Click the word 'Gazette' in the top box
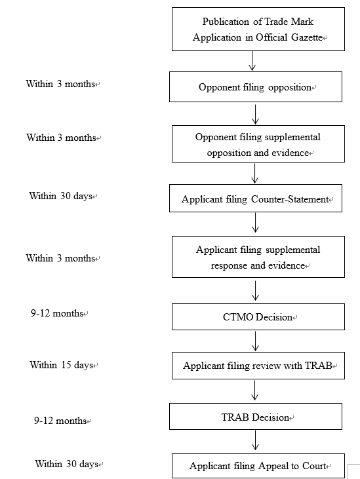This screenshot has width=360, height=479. point(307,37)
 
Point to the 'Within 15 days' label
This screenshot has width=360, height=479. point(62,365)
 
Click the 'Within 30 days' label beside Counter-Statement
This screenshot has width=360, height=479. point(61,195)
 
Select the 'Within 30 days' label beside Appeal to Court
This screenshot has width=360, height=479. point(67,464)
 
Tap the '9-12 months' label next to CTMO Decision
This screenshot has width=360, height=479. point(57,313)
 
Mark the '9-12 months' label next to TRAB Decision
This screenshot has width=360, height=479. point(60,421)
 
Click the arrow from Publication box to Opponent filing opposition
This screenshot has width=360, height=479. point(252,61)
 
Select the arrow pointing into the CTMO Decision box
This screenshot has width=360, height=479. point(255,291)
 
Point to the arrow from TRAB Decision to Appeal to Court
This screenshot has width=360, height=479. point(255,440)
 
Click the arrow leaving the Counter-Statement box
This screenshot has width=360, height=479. point(255,223)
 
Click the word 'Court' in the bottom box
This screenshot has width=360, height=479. point(314,466)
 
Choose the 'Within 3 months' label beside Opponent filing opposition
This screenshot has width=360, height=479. point(60,84)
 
